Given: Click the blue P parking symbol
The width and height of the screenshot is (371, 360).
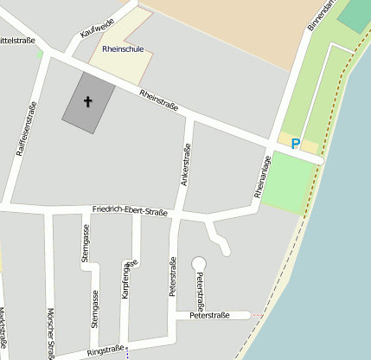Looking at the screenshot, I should click(296, 145).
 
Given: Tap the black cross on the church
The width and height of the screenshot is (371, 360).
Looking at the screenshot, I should click(87, 102).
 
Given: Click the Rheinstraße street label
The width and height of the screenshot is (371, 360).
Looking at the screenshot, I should click(158, 100).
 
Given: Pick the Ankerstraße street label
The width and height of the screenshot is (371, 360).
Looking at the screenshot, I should click(185, 165).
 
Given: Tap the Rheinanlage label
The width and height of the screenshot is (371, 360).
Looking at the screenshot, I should click(263, 177).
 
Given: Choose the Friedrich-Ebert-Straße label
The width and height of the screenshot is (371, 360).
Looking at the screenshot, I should click(130, 210).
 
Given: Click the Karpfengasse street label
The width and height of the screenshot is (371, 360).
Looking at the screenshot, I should click(128, 279).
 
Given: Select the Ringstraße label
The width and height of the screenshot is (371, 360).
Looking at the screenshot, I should click(106, 352).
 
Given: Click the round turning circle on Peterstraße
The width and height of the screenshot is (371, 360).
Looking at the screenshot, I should click(199, 262).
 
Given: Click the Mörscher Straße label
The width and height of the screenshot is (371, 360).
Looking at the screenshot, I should click(51, 333).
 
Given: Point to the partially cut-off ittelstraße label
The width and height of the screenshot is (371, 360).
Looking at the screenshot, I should click(17, 41).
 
